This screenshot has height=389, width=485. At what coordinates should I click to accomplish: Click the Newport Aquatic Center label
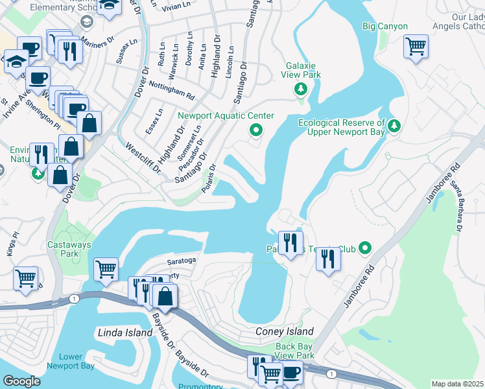(x=226, y=116)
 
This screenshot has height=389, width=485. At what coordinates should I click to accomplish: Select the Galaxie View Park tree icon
(x=300, y=89)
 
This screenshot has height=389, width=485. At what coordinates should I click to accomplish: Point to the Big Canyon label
(x=385, y=27)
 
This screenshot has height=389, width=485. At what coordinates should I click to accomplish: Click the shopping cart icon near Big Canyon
(x=416, y=47)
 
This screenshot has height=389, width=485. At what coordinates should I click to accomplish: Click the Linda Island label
(x=124, y=333)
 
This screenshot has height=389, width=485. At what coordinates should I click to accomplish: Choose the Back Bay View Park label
(x=294, y=351)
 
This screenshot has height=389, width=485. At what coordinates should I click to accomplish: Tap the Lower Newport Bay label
(x=70, y=362)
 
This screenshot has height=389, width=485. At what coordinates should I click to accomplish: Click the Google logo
(x=22, y=381)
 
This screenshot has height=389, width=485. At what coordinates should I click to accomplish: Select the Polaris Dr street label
(x=209, y=187)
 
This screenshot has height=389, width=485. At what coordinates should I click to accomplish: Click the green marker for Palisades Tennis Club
(x=365, y=248)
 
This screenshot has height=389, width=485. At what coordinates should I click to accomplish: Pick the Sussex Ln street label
(x=127, y=53)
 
